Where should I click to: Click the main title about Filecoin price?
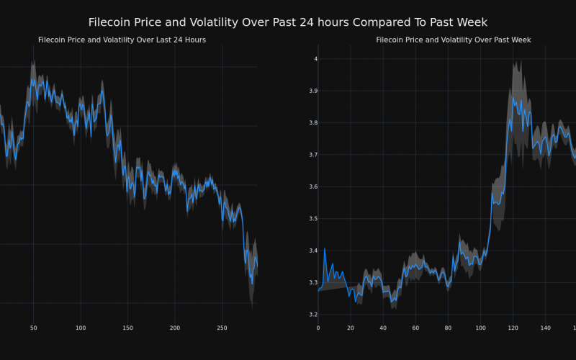pyautogui.click(x=287, y=22)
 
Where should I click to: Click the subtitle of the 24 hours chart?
pyautogui.click(x=122, y=40)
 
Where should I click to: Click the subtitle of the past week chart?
pyautogui.click(x=453, y=40)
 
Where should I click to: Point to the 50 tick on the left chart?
pyautogui.click(x=33, y=328)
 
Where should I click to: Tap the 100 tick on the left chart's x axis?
pyautogui.click(x=80, y=328)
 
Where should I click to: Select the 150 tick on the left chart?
pyautogui.click(x=127, y=328)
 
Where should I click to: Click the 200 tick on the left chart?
pyautogui.click(x=175, y=328)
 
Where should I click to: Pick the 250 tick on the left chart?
pyautogui.click(x=222, y=328)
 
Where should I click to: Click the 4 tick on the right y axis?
pyautogui.click(x=312, y=59)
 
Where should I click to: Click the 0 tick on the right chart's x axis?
pyautogui.click(x=318, y=328)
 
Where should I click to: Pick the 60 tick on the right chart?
pyautogui.click(x=415, y=328)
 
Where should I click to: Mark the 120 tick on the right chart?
pyautogui.click(x=513, y=328)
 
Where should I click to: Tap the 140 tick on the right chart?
pyautogui.click(x=545, y=328)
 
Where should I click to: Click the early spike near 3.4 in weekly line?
pyautogui.click(x=325, y=249)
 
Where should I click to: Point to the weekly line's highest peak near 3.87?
pyautogui.click(x=513, y=99)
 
